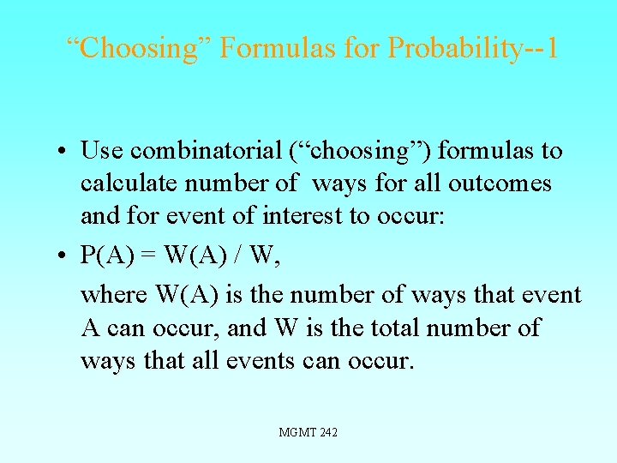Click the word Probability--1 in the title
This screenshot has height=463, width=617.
[473, 48]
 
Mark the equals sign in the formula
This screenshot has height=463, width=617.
[145, 256]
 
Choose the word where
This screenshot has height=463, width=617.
[114, 296]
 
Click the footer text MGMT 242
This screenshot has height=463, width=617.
[308, 433]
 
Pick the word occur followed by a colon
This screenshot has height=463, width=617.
[414, 216]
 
